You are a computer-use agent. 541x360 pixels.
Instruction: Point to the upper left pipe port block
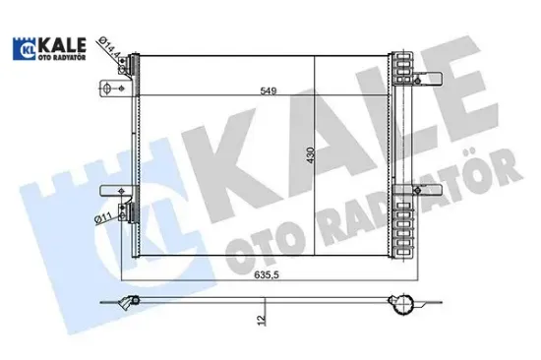pyautogui.click(x=123, y=64)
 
